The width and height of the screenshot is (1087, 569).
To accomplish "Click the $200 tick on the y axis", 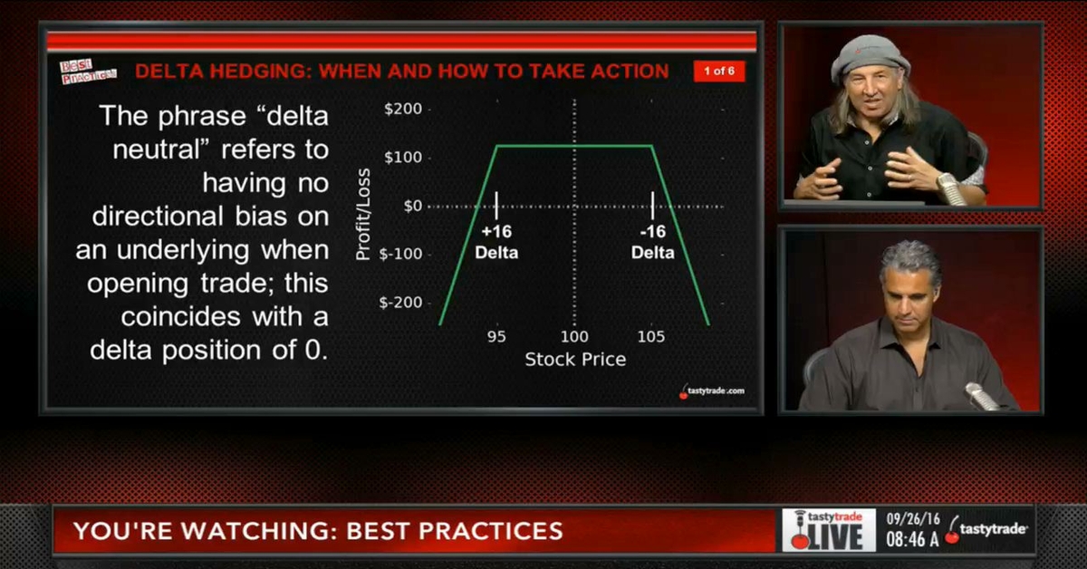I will [x=404, y=110].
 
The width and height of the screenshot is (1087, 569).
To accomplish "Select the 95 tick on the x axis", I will [x=496, y=337].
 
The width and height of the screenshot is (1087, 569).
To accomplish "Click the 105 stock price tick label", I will [x=650, y=337].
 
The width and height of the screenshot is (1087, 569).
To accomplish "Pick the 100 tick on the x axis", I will [x=573, y=337].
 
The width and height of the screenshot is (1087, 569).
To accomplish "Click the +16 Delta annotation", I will [x=496, y=242].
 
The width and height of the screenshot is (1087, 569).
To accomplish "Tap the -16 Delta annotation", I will [x=652, y=242].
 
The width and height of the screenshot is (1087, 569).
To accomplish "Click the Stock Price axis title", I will [x=575, y=360].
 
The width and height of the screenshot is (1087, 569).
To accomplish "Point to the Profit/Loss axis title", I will [x=364, y=206].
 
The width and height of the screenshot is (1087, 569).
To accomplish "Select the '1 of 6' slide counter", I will [x=719, y=72].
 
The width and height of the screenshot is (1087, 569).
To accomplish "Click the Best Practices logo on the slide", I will [x=88, y=72].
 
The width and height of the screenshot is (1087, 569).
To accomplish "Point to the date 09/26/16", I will [x=914, y=520].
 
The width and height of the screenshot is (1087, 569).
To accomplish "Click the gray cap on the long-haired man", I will [x=871, y=56].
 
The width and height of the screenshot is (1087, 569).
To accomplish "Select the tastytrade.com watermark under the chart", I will [x=712, y=391].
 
